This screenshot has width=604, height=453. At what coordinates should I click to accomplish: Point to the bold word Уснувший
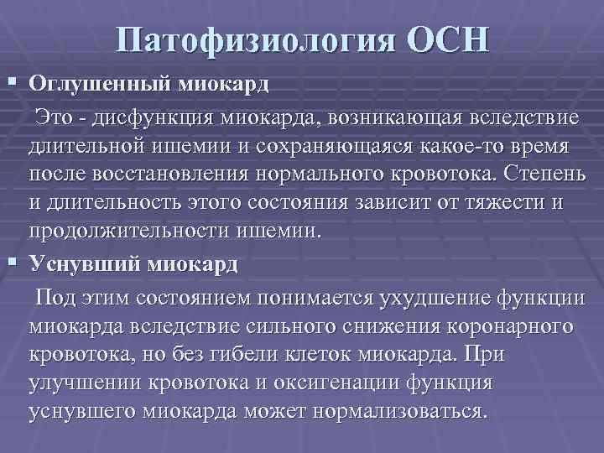[85, 263]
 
